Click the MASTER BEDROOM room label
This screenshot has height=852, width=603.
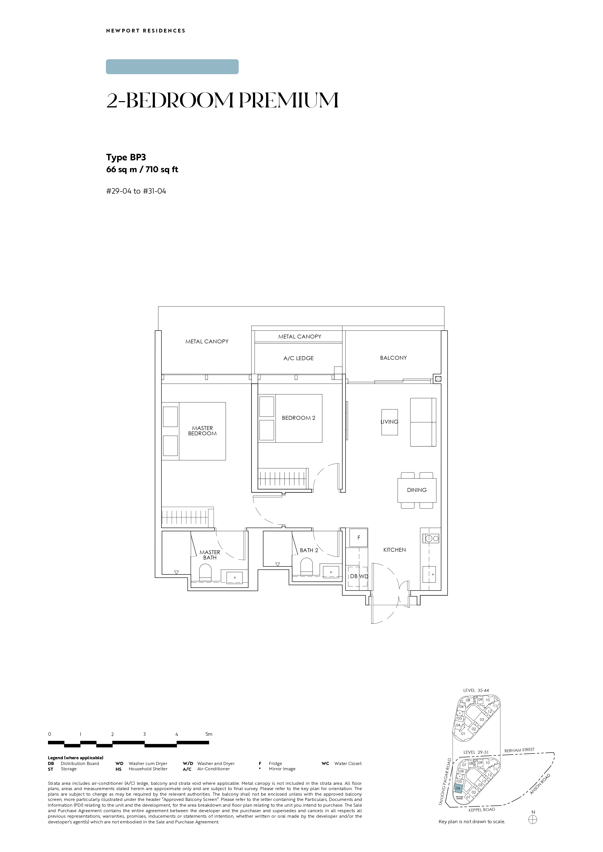(x=202, y=431)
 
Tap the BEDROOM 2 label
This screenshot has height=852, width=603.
(x=299, y=418)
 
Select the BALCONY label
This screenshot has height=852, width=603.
(x=393, y=358)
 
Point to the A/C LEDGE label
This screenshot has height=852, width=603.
(x=299, y=358)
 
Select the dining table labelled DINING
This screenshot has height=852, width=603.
(x=417, y=490)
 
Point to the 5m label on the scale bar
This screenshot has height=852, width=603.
(x=209, y=734)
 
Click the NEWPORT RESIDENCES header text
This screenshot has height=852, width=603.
(x=145, y=31)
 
